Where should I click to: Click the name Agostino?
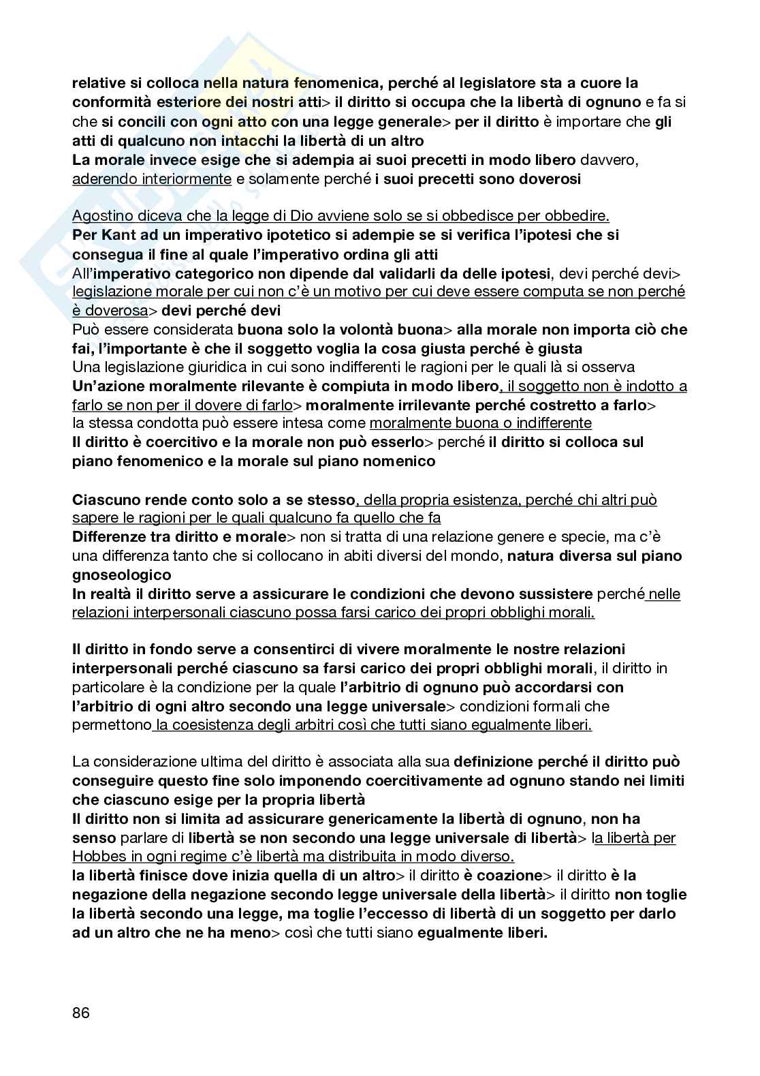pos(101,216)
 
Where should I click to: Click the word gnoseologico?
pos(122,574)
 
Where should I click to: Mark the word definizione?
pos(499,761)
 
